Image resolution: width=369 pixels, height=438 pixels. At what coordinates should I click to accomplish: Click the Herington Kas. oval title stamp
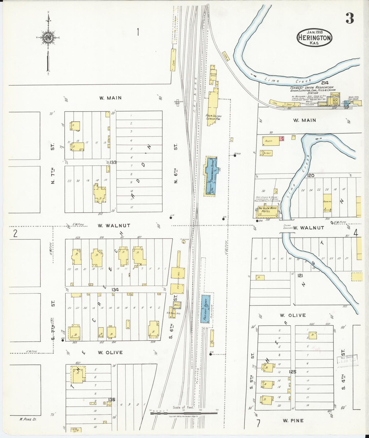pos(314,38)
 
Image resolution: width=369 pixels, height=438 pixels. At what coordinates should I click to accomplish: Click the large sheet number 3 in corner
pos(350,18)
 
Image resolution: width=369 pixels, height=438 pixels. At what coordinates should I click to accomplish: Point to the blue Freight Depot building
pos(205,309)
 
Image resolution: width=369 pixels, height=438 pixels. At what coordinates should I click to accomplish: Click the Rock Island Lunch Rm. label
pos(213,117)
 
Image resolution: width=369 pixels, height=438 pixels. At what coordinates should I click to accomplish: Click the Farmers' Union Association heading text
pos(312,87)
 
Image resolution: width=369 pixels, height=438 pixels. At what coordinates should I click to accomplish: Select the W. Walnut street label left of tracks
pos(114,226)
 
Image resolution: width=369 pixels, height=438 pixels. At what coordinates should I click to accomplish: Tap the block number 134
pos(115,290)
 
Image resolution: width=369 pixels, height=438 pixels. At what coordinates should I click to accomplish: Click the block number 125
pos(293,372)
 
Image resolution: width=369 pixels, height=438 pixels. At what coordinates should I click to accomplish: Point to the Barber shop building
pos(266,153)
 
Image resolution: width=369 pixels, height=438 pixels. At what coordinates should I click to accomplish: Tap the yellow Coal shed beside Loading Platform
pos(174,60)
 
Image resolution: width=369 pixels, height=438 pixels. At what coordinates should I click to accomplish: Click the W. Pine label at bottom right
pos(293,420)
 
